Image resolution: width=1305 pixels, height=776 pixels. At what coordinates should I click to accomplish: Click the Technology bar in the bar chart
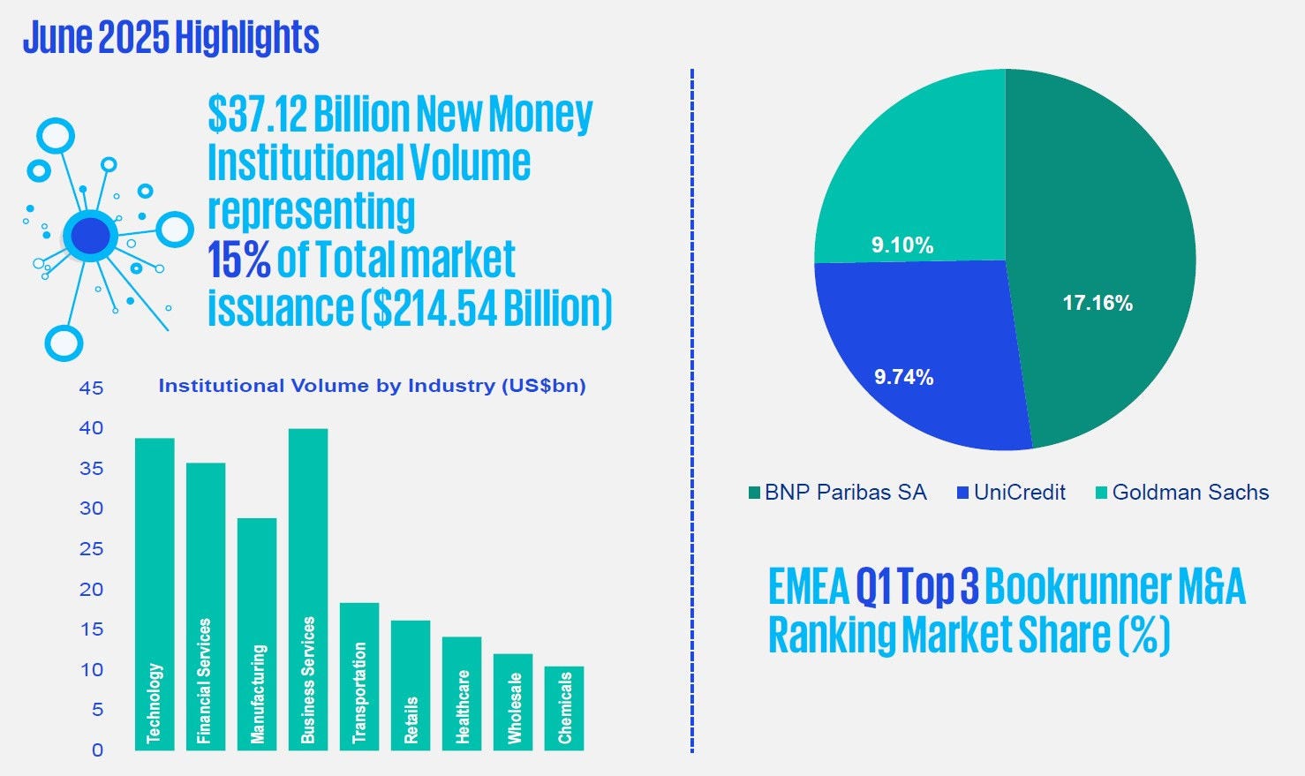pos(155,593)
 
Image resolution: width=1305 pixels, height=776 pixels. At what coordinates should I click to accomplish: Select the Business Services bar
pos(308,589)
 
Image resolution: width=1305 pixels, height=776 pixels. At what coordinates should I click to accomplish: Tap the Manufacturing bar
pos(257,633)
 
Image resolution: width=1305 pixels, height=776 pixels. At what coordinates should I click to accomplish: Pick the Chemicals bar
pos(564,707)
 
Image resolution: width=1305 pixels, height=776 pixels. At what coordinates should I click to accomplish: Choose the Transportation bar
pos(359,675)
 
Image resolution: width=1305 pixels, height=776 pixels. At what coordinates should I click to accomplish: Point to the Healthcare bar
pos(462,693)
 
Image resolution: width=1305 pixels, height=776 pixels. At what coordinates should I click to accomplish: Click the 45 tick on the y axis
pos(91,388)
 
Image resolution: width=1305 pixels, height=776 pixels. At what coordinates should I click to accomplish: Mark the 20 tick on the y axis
pos(91,590)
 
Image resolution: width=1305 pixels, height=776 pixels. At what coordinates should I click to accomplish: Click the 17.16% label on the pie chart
pos(1098,303)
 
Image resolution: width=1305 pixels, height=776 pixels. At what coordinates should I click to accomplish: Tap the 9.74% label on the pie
pos(903,377)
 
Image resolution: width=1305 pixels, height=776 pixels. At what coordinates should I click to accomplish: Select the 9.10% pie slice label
pos(902,245)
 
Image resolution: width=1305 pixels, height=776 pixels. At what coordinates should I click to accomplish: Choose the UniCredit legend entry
pos(1012,493)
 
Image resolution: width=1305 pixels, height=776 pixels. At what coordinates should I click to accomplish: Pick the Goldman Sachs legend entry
pos(1182,493)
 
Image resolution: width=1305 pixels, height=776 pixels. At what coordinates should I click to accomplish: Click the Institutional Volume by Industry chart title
pos(372,386)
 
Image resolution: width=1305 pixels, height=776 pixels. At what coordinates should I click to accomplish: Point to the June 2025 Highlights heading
pos(171,38)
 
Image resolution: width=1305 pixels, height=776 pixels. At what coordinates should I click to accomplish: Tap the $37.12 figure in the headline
pos(257,114)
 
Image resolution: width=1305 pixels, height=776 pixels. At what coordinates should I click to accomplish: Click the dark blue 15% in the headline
pos(238,260)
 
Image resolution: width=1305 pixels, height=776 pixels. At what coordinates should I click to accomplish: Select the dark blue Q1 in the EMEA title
pos(874,587)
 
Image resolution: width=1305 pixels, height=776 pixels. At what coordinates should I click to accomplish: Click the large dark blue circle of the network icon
pos(91,236)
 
